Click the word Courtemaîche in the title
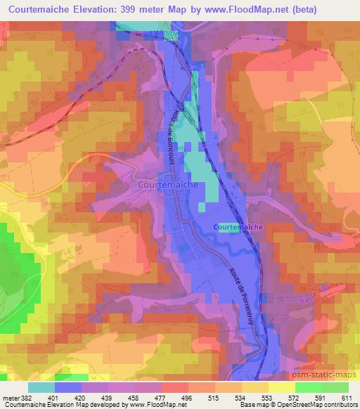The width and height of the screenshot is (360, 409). [x=43, y=9]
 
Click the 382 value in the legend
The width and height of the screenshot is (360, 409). [x=27, y=398]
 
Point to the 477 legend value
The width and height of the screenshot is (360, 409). [x=161, y=398]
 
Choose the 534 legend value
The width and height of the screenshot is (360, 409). [x=241, y=398]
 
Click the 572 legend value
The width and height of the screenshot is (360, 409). [x=295, y=398]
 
